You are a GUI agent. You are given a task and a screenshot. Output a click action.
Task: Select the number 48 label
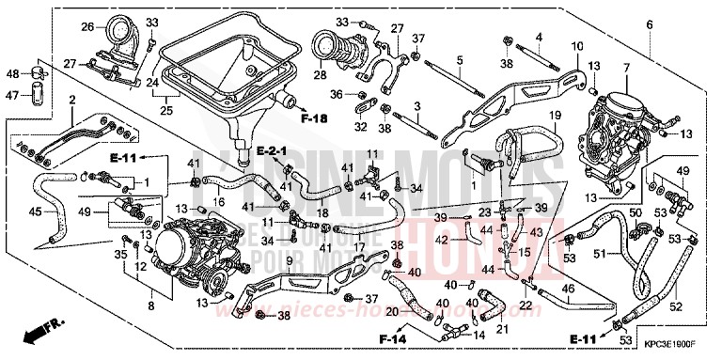13,72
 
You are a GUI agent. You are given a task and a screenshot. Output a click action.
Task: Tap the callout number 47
13,94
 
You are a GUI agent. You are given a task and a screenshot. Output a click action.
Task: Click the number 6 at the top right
649,23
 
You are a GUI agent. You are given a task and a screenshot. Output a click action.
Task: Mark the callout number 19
555,115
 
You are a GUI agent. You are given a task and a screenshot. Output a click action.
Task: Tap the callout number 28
322,75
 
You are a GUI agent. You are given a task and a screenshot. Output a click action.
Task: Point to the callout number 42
467,241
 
